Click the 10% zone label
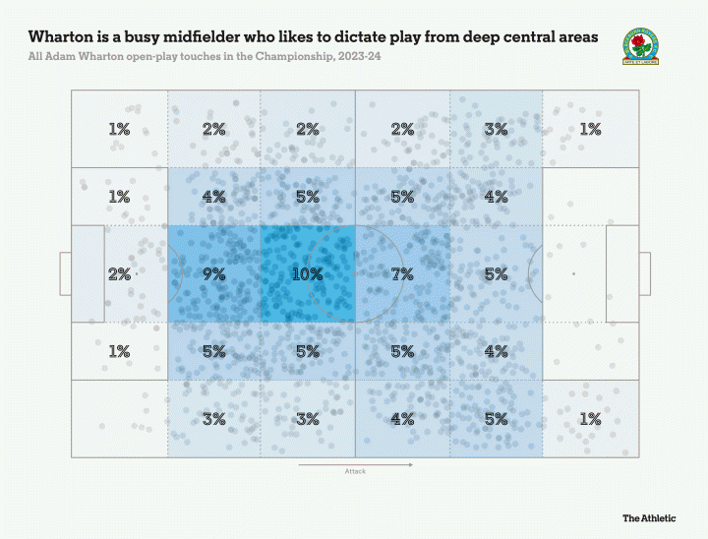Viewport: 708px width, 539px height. click(x=308, y=274)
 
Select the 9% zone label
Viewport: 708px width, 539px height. click(x=213, y=274)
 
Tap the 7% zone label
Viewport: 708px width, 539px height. click(x=402, y=274)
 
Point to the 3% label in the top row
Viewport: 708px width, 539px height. click(x=497, y=129)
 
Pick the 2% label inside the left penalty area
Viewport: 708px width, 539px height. click(x=119, y=274)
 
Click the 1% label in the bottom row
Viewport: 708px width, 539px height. click(x=590, y=419)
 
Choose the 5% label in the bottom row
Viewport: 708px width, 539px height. click(x=497, y=419)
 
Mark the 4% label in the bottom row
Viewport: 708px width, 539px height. click(x=402, y=419)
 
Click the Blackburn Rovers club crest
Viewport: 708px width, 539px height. click(x=641, y=46)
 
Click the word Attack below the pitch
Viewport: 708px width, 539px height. click(x=355, y=472)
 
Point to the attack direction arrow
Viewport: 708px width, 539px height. click(x=355, y=463)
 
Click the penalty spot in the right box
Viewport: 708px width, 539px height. click(x=574, y=274)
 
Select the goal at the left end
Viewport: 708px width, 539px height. click(x=65, y=274)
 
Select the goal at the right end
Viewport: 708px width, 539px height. click(x=645, y=274)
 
